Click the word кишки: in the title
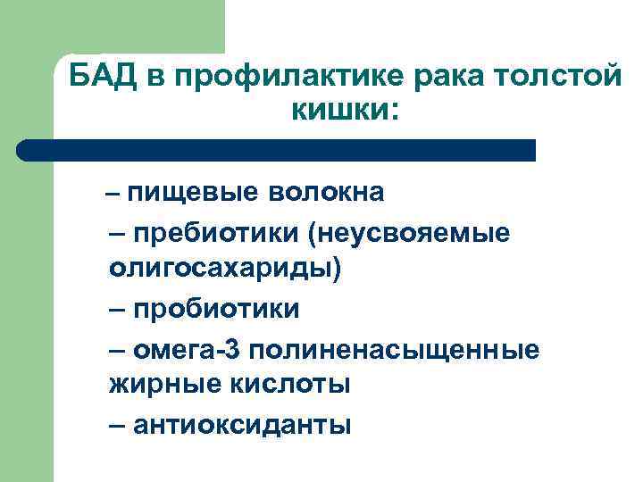(x=345, y=111)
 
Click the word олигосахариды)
(x=224, y=270)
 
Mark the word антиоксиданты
(x=242, y=424)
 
